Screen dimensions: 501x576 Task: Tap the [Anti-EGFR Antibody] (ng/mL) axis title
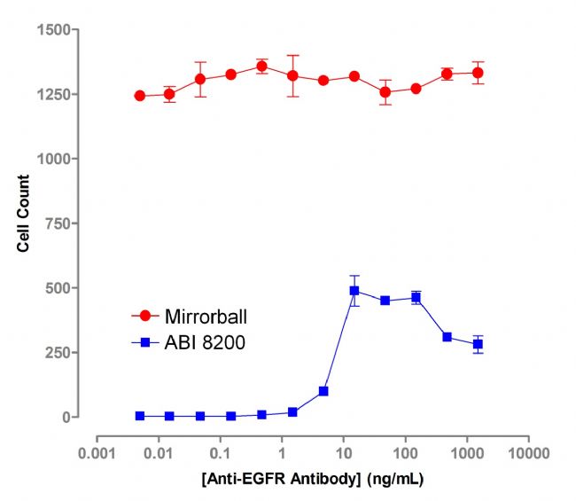(x=312, y=480)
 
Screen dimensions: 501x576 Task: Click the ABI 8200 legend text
(x=204, y=341)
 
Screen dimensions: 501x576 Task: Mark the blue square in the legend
(x=145, y=341)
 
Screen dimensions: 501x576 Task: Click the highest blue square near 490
(x=354, y=291)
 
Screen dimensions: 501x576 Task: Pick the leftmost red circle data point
(x=140, y=96)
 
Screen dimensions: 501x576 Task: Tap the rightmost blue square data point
(x=479, y=344)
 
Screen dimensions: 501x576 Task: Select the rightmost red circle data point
(x=479, y=73)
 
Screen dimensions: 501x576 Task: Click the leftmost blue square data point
(x=140, y=416)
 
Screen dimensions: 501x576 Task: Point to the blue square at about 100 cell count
(x=323, y=391)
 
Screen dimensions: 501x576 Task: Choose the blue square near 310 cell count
(x=448, y=337)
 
